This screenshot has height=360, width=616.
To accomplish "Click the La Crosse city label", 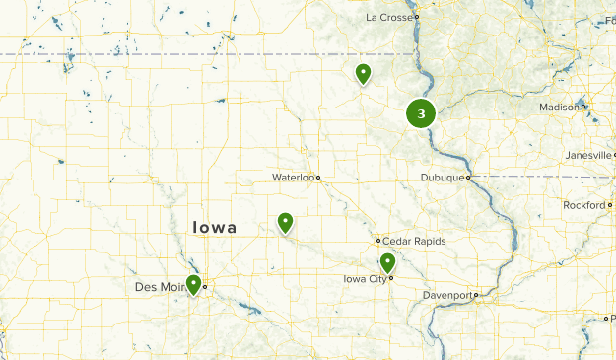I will point(388,17).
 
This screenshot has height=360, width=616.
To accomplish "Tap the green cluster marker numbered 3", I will point(421,114).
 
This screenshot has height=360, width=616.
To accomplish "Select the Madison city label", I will point(559,108).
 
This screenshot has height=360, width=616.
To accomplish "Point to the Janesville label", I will point(587,155).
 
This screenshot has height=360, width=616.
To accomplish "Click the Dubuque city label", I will point(442,178).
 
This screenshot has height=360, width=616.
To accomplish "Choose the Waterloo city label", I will point(293,178).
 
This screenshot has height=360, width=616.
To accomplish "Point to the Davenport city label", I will point(448,295).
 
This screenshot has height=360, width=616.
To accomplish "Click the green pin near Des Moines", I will point(194,285).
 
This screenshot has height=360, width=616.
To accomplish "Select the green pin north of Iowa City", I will point(387,262).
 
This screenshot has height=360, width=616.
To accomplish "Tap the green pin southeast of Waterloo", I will point(285,223).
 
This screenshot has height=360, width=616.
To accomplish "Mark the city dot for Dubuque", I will point(469,178).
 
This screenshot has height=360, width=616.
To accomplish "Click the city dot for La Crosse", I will point(417,17).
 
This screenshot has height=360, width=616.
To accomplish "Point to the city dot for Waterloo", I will point(318,178).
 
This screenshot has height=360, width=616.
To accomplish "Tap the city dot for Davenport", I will point(476,295).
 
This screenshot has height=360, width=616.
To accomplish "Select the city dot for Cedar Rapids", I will point(378,241).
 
